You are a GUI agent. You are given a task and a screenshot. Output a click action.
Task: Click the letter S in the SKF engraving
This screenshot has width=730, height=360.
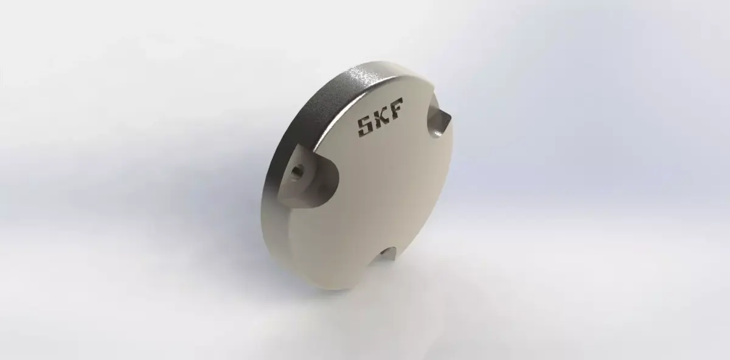coord(365,126)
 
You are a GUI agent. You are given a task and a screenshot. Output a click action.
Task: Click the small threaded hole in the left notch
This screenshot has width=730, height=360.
coord(297,170)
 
